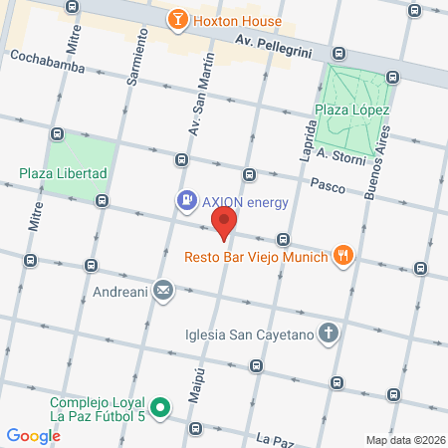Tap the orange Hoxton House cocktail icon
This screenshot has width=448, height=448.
coord(176,19)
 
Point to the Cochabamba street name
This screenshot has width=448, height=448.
coord(47,57)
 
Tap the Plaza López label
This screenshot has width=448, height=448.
coord(351,111)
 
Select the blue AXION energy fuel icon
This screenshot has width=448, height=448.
coord(185,201)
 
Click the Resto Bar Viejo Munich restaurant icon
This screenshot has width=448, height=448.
coord(343,255)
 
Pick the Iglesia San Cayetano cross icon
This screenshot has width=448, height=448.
coord(330,335)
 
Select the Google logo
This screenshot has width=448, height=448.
coord(33,435)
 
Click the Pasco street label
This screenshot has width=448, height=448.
coord(328,184)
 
